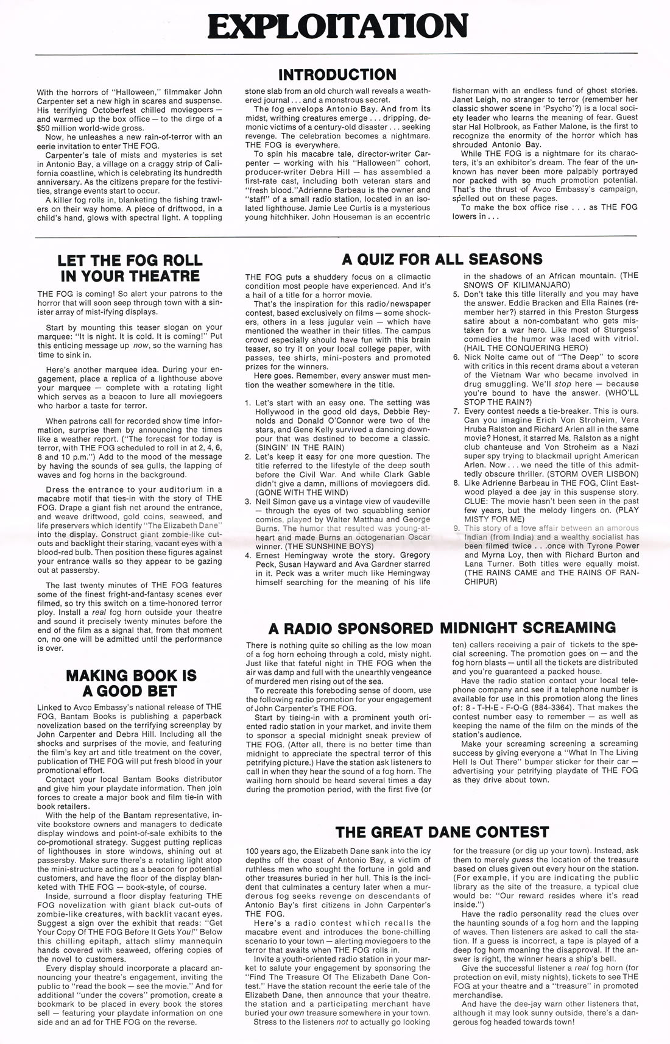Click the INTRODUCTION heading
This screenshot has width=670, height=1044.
(x=337, y=74)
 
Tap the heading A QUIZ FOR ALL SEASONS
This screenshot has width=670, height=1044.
(x=442, y=259)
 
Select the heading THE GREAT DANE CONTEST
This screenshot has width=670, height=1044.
(x=442, y=831)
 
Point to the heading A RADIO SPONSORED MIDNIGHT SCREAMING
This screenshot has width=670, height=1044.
(x=442, y=628)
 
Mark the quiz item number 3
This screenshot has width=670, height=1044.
(x=248, y=501)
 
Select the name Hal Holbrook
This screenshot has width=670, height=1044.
(x=492, y=126)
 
